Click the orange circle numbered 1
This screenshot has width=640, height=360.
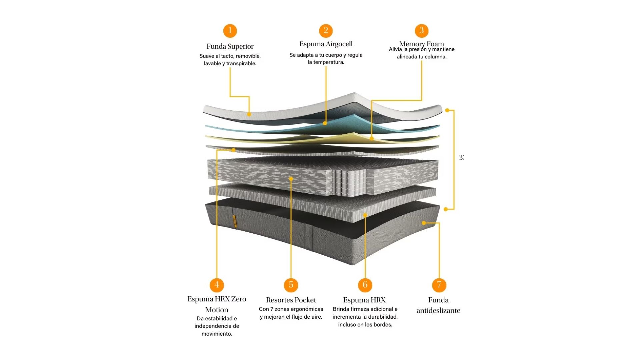pos(230,31)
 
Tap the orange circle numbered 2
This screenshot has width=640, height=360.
pos(326,31)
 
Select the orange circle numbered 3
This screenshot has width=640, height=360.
pos(421,31)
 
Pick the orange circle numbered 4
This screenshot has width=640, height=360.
pos(217,285)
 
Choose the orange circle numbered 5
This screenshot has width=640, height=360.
pos(291,285)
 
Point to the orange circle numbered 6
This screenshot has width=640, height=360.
pos(365,285)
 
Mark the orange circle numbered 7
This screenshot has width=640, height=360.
pos(439,285)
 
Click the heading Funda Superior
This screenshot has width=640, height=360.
pos(230,46)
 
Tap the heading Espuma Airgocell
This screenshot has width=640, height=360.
pos(326,44)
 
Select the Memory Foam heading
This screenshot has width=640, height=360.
pos(421,44)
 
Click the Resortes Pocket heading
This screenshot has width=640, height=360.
pos(291,300)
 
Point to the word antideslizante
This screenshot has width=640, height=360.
pos(438,311)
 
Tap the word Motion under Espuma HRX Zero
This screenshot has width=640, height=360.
pos(217,310)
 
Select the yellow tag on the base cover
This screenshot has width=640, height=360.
pos(234,222)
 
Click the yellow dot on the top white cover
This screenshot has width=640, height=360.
pos(249,114)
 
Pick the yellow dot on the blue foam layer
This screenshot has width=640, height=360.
pos(325,123)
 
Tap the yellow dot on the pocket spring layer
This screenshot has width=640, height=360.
pos(291,179)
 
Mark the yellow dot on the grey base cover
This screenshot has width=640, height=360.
pos(424,223)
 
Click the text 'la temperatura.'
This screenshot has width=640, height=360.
pos(326,62)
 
